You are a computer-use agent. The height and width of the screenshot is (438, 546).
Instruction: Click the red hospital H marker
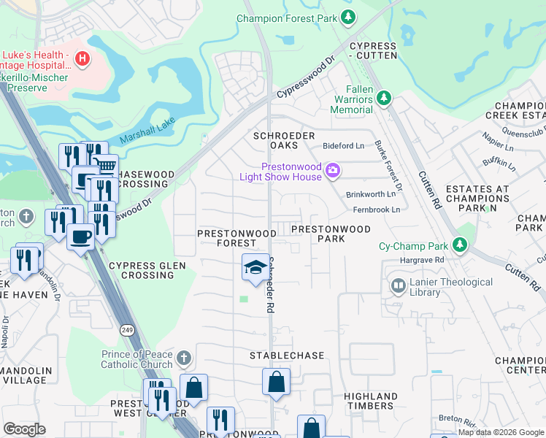82,58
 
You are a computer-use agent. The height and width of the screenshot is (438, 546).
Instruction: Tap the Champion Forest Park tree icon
349,16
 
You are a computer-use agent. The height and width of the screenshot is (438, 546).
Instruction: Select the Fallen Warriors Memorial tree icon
383,97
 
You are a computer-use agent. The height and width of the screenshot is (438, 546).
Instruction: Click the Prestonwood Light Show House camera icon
333,170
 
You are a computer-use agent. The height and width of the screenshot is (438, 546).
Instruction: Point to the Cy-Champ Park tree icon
460,244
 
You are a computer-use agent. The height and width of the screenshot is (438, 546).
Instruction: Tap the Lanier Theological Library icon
399,285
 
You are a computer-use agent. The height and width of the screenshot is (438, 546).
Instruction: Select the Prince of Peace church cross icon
184,358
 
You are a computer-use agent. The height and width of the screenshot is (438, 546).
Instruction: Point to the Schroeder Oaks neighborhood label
284,141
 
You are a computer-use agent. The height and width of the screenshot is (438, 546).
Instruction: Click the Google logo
24,429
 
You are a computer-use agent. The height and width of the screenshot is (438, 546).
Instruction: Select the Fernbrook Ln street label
377,210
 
